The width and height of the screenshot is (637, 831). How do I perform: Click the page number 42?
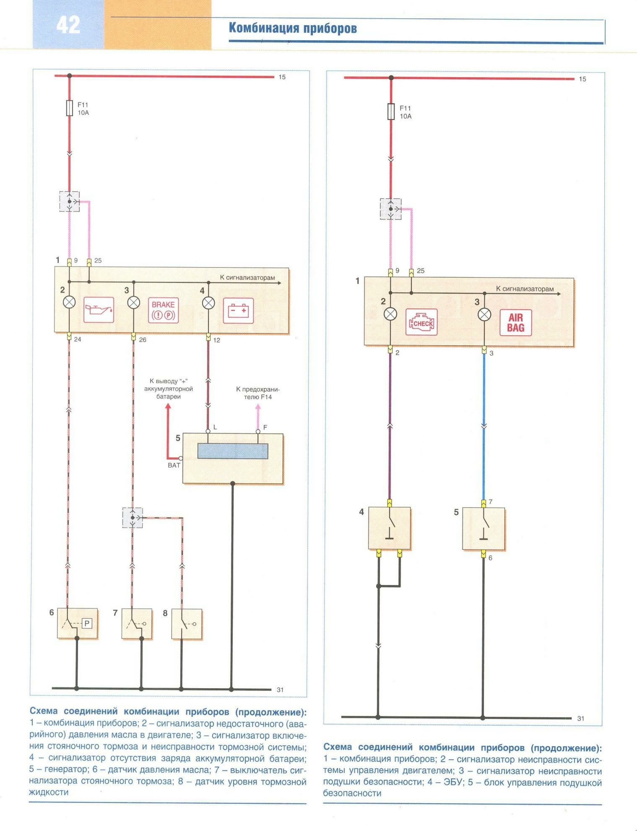tap(69, 25)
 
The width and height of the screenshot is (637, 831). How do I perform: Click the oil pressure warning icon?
tap(99, 310)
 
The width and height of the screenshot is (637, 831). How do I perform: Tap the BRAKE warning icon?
tap(163, 310)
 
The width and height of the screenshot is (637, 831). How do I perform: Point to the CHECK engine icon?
tap(421, 322)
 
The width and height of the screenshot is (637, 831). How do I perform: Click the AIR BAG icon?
tap(516, 322)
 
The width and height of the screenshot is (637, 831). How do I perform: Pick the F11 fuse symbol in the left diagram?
tap(69, 108)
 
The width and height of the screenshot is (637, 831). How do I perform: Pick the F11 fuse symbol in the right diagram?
tap(391, 112)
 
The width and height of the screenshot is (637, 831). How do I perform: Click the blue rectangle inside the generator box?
tap(233, 451)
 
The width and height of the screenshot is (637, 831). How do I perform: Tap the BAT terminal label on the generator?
tap(174, 465)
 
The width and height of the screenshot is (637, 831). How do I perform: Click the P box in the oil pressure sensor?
tap(87, 623)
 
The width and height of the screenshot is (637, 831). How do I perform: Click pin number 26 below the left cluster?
tap(143, 340)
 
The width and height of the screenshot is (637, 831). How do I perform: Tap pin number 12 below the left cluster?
tap(216, 340)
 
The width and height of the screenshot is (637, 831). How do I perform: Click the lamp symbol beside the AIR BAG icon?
tap(484, 315)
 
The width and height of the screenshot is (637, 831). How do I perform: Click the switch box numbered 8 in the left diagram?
tap(187, 624)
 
